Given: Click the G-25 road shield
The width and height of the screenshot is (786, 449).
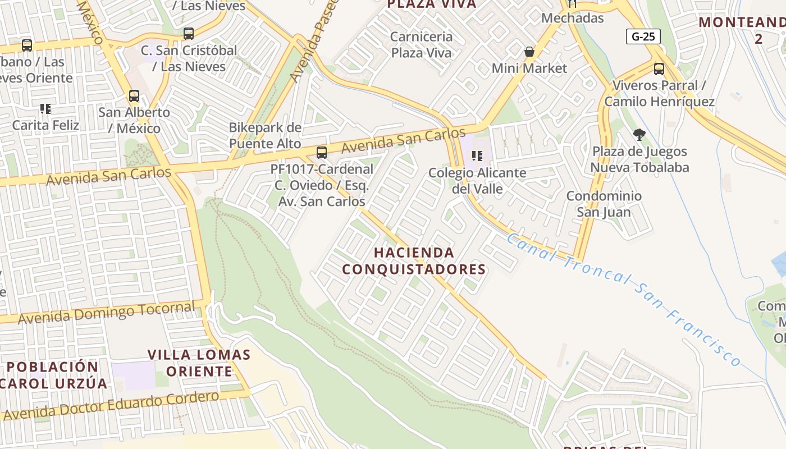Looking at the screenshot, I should pos(643,37).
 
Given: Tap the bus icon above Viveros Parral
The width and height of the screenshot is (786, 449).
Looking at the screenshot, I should pos(659,69).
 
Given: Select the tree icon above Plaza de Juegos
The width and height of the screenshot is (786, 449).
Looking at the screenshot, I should pos(639,135).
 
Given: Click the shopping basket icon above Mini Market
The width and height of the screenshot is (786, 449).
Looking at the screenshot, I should pos(529,52).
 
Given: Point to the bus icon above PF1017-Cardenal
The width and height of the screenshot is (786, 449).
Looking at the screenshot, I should pos(322,152).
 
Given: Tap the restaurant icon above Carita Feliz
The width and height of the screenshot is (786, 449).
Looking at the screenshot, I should pos(45,108).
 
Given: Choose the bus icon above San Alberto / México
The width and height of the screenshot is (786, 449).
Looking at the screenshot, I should pos(134,96).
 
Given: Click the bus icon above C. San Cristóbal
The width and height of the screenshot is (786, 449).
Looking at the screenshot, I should pos(189,34).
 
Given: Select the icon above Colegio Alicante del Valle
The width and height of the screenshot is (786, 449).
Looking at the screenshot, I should pos(477,156).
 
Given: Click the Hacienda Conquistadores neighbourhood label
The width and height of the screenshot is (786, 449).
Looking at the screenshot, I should pos(414,261).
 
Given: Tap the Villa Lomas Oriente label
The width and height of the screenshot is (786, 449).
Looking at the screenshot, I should pos(199,363).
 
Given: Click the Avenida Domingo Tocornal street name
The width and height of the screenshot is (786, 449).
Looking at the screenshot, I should pos(107,311).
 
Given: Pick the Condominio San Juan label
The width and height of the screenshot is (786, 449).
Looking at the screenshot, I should pos(604,204).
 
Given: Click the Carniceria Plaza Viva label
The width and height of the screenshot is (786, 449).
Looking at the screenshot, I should pos(421,45).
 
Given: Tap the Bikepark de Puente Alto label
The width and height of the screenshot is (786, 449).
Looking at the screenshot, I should pos(265,135).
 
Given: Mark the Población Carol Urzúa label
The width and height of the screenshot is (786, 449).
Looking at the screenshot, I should pos(53,375).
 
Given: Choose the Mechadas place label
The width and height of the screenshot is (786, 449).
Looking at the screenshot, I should pos(573,18).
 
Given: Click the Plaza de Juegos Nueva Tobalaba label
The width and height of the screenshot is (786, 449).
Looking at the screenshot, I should pos(639,159).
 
